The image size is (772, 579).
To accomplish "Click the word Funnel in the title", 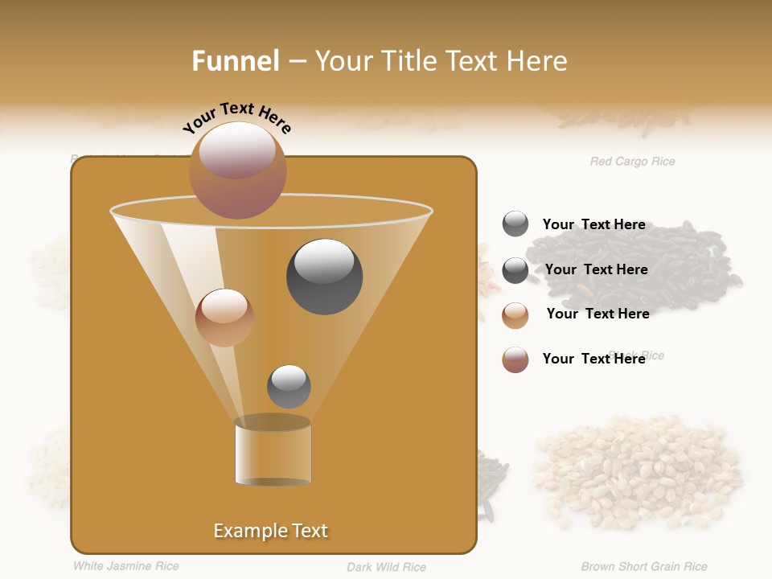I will coord(236,61).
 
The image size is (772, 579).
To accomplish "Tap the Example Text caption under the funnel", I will coord(270,531).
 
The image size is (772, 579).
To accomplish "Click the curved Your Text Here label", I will coord(236,117).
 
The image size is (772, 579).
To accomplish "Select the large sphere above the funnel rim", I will coord(238,170).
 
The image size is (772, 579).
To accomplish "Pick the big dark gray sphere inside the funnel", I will coord(324,277).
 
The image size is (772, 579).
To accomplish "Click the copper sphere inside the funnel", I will coord(224,318).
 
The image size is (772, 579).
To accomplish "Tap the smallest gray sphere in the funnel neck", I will coord(289,386).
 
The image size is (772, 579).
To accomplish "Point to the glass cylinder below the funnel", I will coord(273,452).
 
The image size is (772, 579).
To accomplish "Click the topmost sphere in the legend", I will coord(515,224).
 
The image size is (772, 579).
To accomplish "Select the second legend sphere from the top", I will coord(515,270).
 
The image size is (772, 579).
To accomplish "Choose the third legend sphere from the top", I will coord(515,314).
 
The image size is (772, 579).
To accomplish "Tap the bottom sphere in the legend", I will coord(515,359).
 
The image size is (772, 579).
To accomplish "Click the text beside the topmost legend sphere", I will coord(593,225).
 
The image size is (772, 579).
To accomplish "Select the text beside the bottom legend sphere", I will coord(593,359).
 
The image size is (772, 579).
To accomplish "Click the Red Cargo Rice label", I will coord(632,162).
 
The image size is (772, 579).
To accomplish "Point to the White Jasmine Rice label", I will coord(126,566).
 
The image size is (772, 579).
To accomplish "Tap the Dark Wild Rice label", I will coord(386,567).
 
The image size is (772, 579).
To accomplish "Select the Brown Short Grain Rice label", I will coord(644,567).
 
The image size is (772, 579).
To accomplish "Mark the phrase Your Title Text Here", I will coord(441,61).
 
